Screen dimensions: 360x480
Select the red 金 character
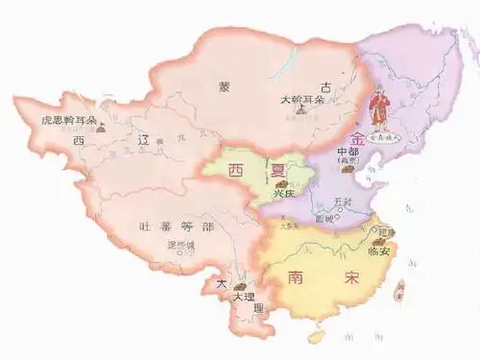click(358, 137)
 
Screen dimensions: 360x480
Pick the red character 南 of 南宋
click(297, 277)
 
